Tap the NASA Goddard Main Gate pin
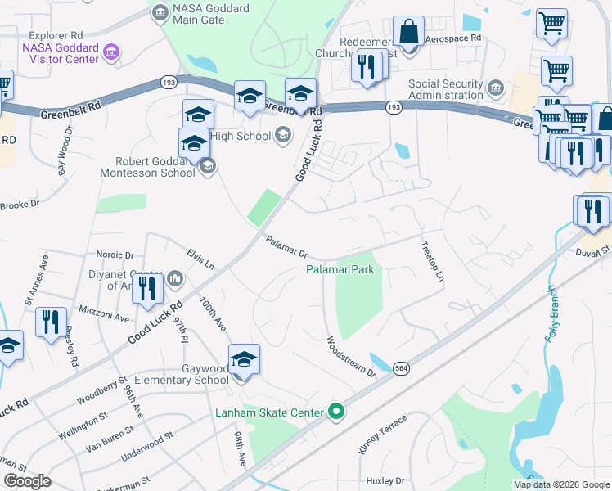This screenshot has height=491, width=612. tap(160, 11)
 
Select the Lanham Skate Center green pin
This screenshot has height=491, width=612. tap(335, 412)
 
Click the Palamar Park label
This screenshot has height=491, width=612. tap(344, 268)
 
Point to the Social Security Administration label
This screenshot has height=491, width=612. tap(446, 89)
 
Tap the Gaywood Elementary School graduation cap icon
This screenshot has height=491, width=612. tap(244, 360)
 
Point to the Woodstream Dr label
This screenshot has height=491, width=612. tap(350, 357)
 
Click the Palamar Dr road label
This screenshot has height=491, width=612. tap(286, 245)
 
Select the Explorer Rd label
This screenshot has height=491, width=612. tap(56, 36)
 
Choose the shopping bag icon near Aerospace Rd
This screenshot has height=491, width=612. tap(408, 32)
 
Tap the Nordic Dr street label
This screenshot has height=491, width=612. tap(115, 255)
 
